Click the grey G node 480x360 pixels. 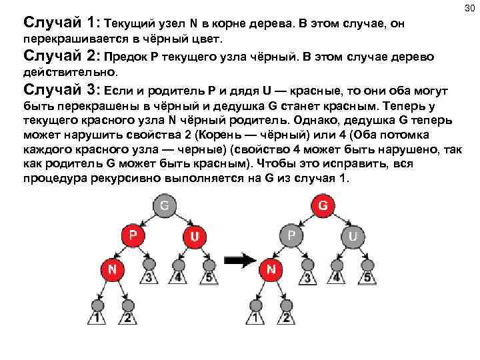[x=164, y=206]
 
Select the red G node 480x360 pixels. [x=323, y=206]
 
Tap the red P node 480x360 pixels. [x=133, y=236]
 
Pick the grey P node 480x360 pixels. [x=291, y=236]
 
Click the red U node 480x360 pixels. [x=194, y=236]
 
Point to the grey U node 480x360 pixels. [x=353, y=236]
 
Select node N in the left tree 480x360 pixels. [x=111, y=270]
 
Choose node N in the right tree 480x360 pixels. [x=270, y=270]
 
